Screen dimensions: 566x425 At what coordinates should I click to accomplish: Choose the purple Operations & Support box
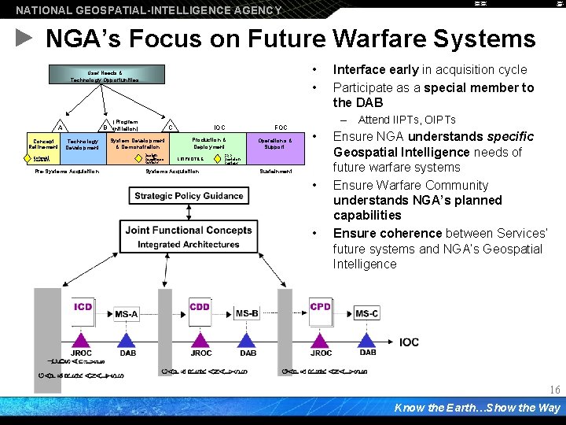point(274,144)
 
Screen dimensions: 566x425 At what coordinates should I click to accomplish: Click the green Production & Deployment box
point(208,144)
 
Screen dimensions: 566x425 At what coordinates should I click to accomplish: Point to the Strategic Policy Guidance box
point(189,196)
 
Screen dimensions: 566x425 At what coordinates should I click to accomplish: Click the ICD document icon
point(83,308)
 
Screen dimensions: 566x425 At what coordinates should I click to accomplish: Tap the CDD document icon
point(200,308)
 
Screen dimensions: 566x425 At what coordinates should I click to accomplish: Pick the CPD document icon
point(321,308)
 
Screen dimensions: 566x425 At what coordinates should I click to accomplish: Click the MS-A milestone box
point(127,314)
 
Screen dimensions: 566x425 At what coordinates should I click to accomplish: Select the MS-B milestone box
point(247,314)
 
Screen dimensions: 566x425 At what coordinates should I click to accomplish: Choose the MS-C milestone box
point(366,314)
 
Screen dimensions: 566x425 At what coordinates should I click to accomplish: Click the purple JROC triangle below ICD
point(82,340)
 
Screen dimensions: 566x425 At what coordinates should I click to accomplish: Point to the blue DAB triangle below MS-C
point(367,340)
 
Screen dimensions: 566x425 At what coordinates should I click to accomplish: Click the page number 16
point(554,390)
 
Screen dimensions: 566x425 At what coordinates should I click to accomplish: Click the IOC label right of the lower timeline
point(409,342)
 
